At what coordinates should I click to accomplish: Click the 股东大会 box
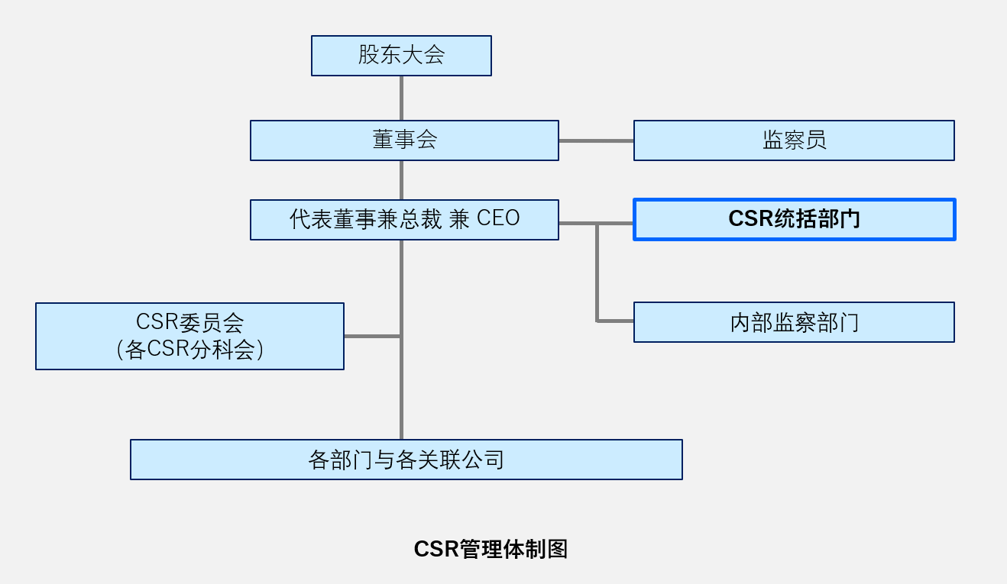coord(401,56)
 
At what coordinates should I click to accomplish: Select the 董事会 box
coord(405,140)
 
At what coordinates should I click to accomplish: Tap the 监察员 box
coord(794,140)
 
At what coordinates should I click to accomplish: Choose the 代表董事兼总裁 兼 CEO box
coord(405,220)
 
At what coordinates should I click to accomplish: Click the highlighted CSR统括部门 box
coord(795,220)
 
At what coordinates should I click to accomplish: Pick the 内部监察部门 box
coord(794,322)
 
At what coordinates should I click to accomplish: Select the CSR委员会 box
coord(189,336)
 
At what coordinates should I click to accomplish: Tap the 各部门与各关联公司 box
coord(406,460)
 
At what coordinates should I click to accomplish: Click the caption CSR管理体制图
coord(491,549)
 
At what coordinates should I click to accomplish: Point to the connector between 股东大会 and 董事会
coord(401,98)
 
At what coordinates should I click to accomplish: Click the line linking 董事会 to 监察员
coord(596,140)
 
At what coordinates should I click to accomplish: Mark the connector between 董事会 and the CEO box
coord(401,180)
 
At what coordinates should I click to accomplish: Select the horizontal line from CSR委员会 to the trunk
coord(372,336)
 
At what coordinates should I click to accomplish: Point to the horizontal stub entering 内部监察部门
coord(615,321)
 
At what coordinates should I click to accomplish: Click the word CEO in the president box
coord(498,218)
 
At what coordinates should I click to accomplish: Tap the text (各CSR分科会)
coord(189,350)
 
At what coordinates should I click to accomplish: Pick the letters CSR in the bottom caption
coord(436,549)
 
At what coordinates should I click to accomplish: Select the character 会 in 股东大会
coord(434,55)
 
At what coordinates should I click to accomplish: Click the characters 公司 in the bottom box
coord(484,460)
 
